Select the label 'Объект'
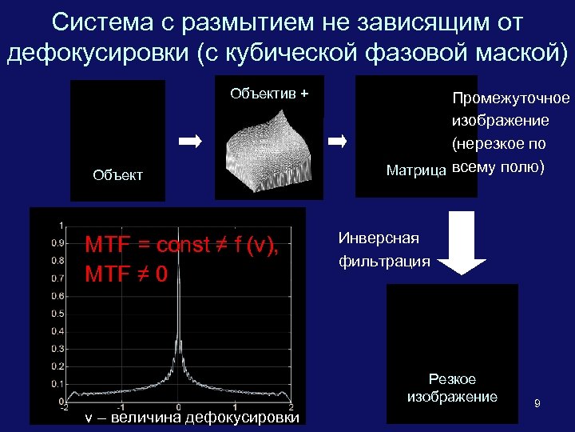(x=117, y=175)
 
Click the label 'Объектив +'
(x=268, y=94)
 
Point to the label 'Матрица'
(x=416, y=170)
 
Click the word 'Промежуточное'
(x=511, y=98)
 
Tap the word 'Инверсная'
(x=379, y=238)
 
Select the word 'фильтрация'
(x=384, y=261)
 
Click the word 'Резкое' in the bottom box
(x=452, y=379)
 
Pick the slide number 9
(x=537, y=404)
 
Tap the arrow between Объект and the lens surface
(x=192, y=142)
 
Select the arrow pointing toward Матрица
(x=338, y=142)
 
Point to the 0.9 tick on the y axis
(x=58, y=242)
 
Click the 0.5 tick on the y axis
(x=58, y=314)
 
